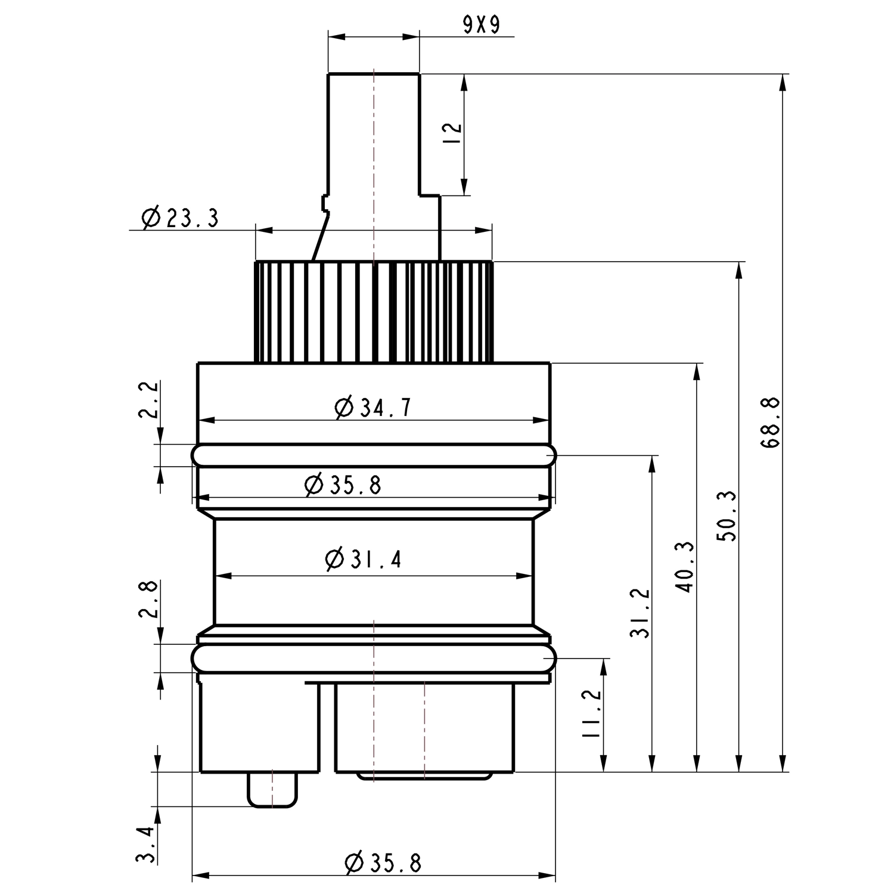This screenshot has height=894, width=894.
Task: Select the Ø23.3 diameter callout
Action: pyautogui.click(x=180, y=218)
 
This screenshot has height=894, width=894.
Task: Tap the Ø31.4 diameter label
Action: pyautogui.click(x=364, y=559)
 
